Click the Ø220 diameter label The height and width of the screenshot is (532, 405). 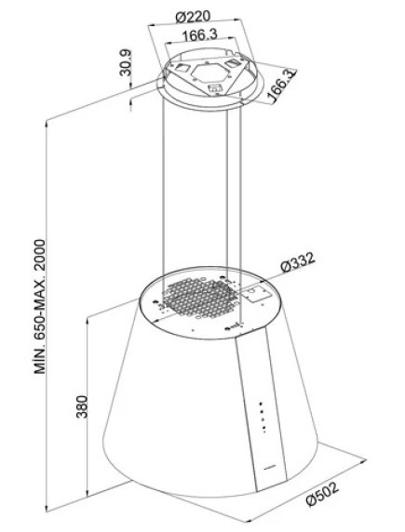pos(194,17)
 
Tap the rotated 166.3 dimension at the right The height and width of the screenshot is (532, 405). pos(281,86)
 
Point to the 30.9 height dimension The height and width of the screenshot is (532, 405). pos(126,62)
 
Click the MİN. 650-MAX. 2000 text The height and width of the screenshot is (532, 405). pos(39,306)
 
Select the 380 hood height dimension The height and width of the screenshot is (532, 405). pos(82,406)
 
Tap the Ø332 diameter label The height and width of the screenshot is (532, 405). pos(298,261)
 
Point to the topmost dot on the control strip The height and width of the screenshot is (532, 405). pos(261,404)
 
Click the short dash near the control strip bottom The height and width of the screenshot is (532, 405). pos(270,467)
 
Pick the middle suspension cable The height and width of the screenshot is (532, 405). pos(226,190)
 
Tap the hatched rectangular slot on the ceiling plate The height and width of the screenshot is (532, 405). pos(233,63)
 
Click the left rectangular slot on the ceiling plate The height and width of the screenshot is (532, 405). pos(182,68)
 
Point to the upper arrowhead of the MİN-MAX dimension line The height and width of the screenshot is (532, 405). pos(47,123)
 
